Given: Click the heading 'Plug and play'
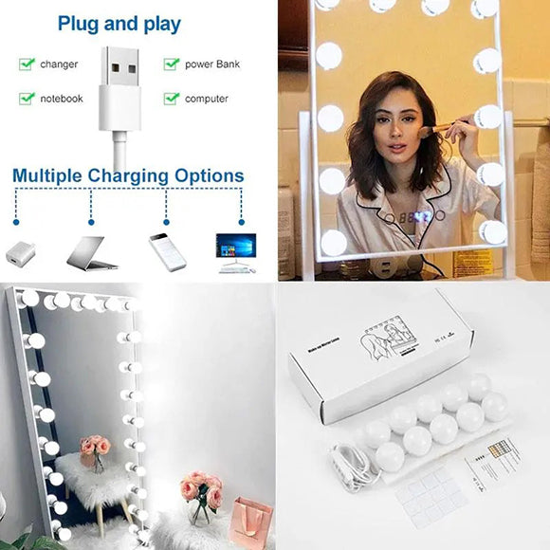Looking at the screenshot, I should (x=119, y=23).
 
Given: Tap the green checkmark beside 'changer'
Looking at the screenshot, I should (x=27, y=64).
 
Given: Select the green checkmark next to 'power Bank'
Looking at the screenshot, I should (x=172, y=64).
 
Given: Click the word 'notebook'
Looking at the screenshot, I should (x=62, y=99).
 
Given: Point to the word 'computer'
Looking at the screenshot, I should (x=207, y=99).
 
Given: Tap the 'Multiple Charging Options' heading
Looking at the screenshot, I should (x=128, y=175).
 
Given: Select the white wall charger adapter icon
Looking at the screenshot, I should (x=20, y=254).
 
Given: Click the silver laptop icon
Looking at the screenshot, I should (x=91, y=253).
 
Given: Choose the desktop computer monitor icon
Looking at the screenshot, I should (x=236, y=253).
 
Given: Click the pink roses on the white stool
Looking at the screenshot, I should (x=95, y=446).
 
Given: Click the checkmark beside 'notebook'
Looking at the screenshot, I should (x=27, y=99).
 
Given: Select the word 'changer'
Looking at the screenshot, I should (x=59, y=64).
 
